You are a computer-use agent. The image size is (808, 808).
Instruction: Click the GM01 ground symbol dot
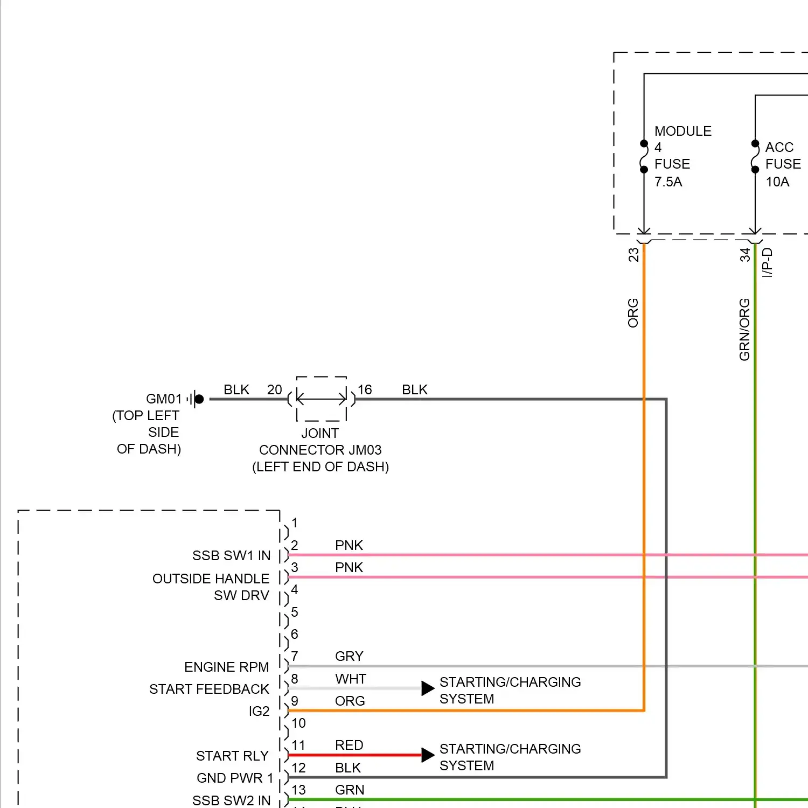(x=199, y=399)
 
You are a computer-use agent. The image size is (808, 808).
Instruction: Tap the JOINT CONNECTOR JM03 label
(x=321, y=450)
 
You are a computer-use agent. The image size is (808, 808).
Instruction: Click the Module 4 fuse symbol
(x=644, y=157)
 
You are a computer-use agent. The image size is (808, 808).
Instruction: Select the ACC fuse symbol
(x=755, y=157)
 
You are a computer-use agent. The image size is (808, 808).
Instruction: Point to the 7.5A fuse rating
(x=668, y=182)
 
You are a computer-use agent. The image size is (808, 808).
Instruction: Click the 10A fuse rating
(x=778, y=182)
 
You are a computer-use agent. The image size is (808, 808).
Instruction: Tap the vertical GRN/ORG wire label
(x=744, y=330)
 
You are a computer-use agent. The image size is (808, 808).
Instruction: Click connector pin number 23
(x=633, y=254)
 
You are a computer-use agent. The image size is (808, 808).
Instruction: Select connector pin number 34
(x=745, y=254)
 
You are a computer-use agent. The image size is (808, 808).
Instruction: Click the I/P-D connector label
(x=768, y=262)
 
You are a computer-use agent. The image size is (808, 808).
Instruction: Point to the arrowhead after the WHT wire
(x=428, y=688)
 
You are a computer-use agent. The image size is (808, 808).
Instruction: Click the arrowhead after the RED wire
(x=428, y=755)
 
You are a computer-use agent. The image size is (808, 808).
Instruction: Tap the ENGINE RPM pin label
(x=226, y=667)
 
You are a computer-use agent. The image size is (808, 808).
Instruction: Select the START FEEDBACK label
(x=209, y=689)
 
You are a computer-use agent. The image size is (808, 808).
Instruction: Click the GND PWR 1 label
(x=235, y=778)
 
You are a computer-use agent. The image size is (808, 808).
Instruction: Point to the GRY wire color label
(x=349, y=656)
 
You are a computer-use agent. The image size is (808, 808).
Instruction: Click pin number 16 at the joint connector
(x=365, y=389)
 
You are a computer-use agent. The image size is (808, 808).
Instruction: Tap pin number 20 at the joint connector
(x=275, y=389)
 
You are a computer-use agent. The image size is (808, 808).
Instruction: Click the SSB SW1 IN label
(x=231, y=555)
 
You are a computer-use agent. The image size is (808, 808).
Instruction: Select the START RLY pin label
(x=232, y=756)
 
